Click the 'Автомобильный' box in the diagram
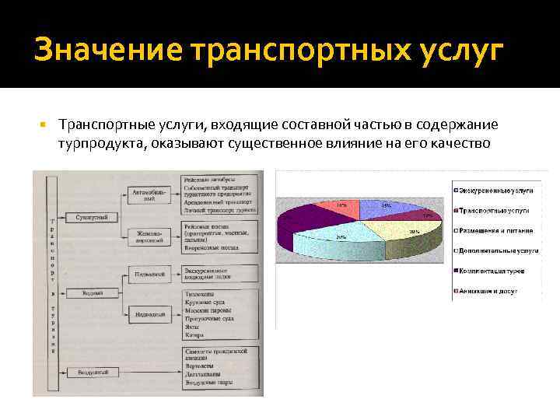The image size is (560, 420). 149,194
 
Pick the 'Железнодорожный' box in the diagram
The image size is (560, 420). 149,236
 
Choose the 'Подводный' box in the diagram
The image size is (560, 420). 149,274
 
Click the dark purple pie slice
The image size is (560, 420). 311,218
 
